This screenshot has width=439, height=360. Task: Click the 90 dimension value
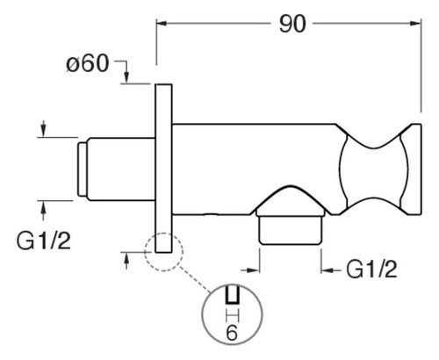tap(292, 25)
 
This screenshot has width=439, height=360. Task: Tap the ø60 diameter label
tap(88, 64)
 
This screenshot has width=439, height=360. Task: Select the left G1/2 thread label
tap(44, 241)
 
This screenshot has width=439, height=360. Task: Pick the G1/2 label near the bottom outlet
tap(371, 270)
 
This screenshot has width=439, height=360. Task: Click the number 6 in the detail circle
tap(232, 333)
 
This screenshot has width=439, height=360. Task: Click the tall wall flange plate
tap(163, 169)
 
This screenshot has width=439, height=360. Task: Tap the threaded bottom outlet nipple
tap(291, 229)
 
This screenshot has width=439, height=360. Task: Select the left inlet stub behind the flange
tap(121, 169)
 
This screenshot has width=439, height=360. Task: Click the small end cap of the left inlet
tap(83, 169)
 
